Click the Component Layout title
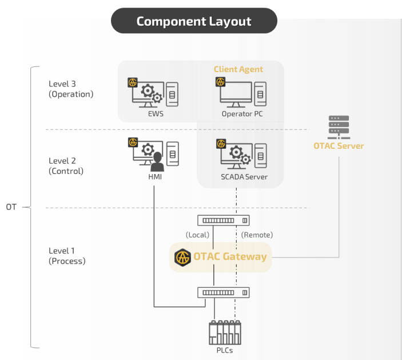click(194, 21)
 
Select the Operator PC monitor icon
click(235, 94)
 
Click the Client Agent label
click(238, 69)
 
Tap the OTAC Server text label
click(339, 146)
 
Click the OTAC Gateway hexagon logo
click(182, 257)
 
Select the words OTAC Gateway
click(230, 256)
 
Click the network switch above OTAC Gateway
click(224, 220)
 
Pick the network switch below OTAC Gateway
click(224, 292)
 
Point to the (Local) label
click(197, 235)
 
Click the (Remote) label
click(257, 235)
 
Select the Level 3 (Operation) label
click(71, 89)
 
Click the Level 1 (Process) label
click(67, 256)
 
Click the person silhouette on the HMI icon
click(157, 163)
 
